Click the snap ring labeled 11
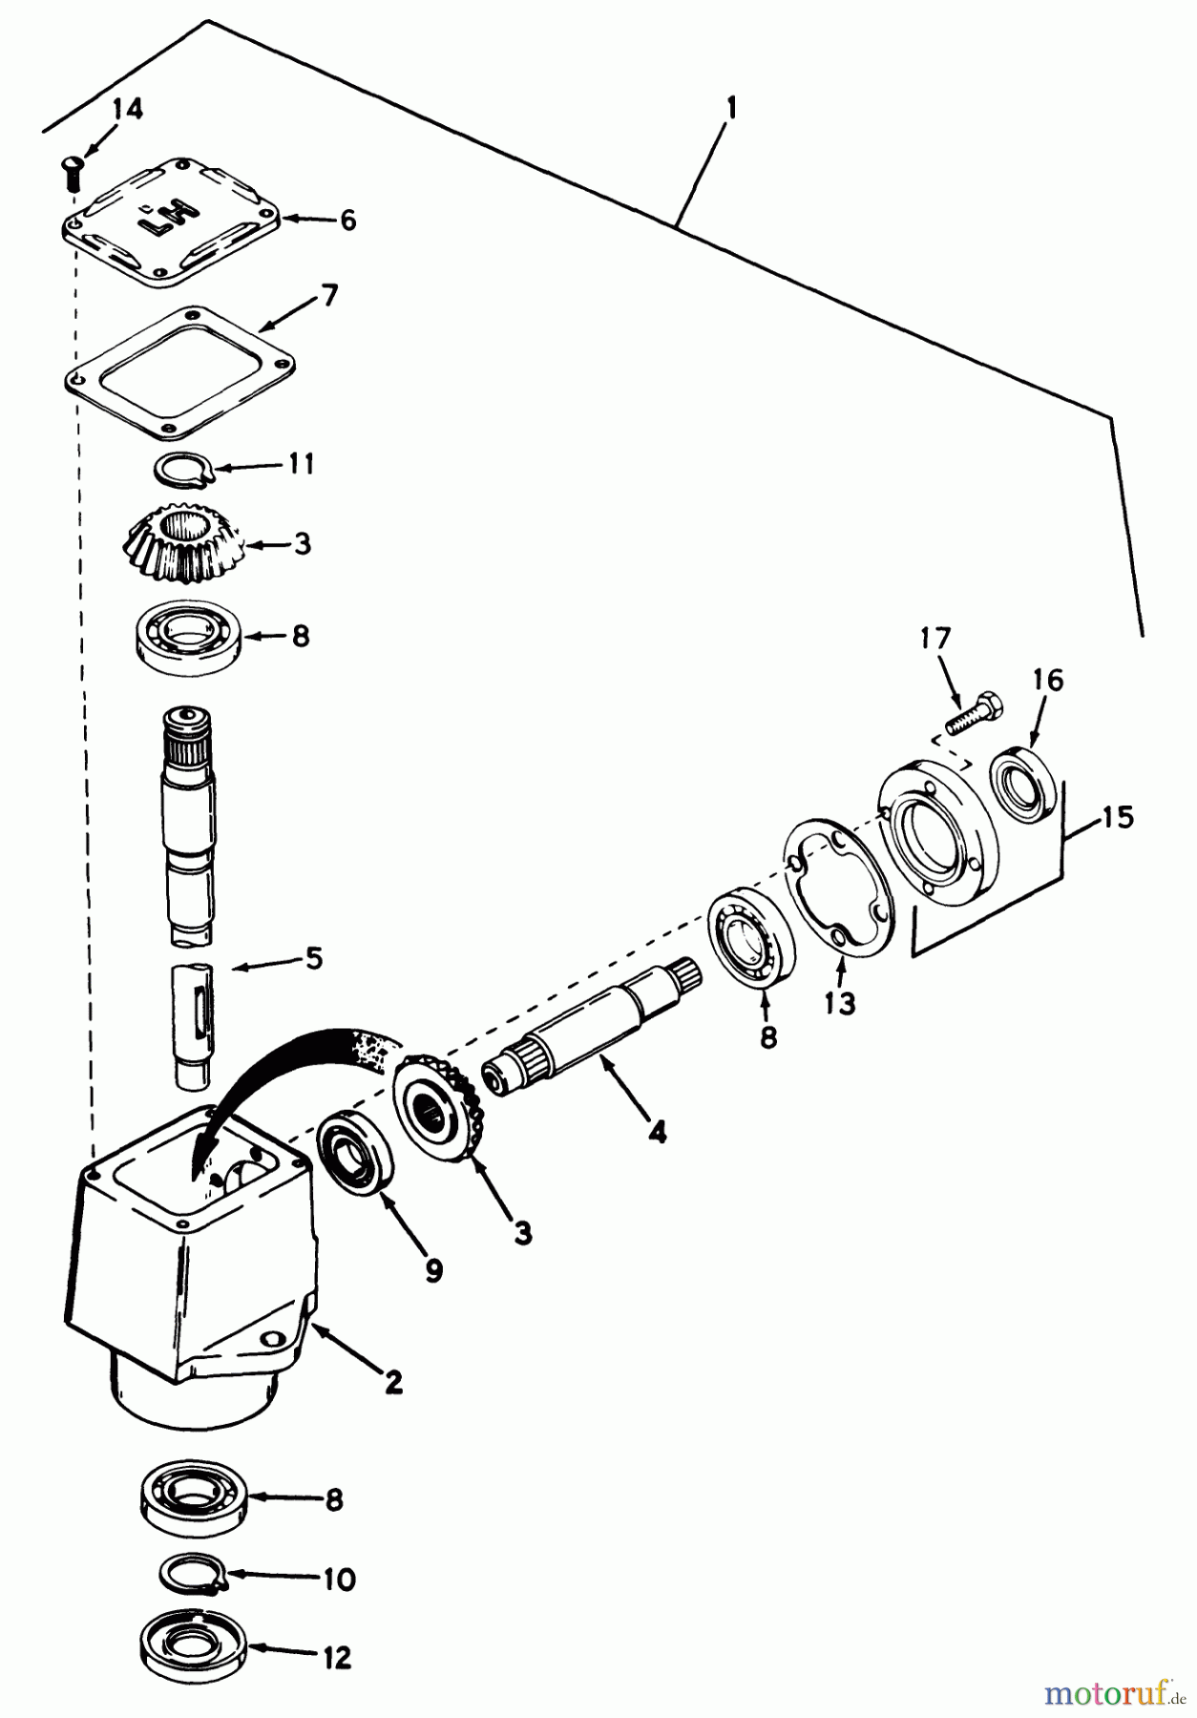(x=182, y=469)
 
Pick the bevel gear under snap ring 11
(x=183, y=545)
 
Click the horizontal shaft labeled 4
(x=592, y=1026)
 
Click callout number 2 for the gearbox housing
(x=392, y=1381)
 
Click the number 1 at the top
(x=730, y=110)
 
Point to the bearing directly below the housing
(x=193, y=1499)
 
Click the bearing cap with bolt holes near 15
(x=935, y=822)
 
